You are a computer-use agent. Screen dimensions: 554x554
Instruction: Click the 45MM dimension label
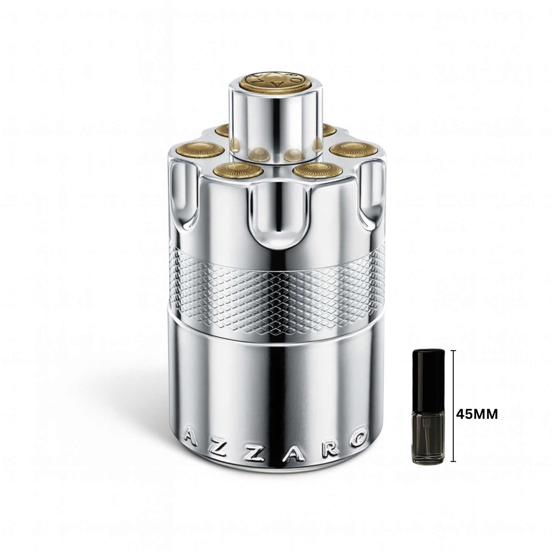[477, 414]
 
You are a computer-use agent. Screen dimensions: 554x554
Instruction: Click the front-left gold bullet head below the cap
[238, 170]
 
